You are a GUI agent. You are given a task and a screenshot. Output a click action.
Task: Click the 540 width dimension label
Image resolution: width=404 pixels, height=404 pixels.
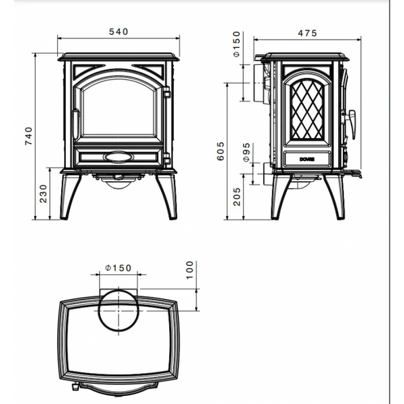tap(119, 32)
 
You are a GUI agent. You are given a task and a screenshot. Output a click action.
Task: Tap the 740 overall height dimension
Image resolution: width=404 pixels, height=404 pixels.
tap(29, 136)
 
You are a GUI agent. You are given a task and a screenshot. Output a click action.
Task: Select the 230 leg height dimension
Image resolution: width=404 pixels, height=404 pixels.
tap(44, 193)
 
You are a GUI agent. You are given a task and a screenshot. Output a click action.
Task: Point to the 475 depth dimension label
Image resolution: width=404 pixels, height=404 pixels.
tap(308, 33)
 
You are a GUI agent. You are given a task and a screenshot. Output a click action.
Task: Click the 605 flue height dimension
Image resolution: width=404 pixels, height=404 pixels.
tap(221, 151)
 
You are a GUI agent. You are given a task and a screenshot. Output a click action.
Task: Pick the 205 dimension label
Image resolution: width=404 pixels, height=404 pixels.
tap(237, 197)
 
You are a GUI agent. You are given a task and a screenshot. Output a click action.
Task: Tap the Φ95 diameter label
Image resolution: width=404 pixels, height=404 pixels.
tap(246, 152)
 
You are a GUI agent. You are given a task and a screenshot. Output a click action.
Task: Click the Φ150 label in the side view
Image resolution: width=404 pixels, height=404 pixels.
tap(236, 44)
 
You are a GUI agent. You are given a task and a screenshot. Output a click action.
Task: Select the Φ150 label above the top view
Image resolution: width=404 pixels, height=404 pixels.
tap(119, 268)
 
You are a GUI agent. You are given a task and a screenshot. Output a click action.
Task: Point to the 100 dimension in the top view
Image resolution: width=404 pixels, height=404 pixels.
tap(190, 270)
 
